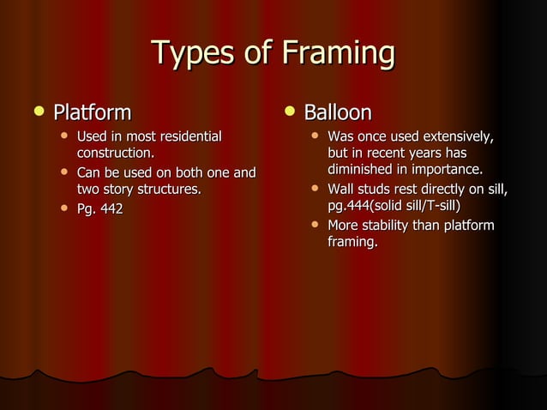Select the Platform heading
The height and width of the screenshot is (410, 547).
click(x=93, y=112)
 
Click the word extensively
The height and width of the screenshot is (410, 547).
click(x=456, y=136)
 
